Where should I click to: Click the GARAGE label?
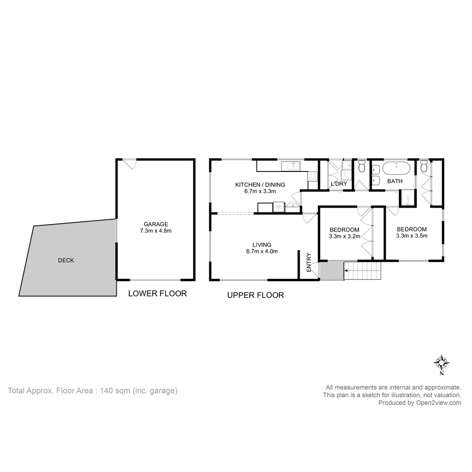(x=155, y=224)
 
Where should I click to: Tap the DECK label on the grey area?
(x=66, y=260)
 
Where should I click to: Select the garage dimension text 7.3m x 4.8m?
(x=155, y=231)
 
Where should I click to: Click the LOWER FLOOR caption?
(x=157, y=293)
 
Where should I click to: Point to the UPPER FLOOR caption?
(x=256, y=295)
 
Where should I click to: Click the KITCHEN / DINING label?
(x=260, y=185)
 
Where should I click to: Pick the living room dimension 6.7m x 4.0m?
(x=262, y=251)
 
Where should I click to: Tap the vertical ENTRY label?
(x=309, y=262)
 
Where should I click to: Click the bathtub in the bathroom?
(x=396, y=169)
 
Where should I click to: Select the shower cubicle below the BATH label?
(x=407, y=198)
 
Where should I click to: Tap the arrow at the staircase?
(x=347, y=271)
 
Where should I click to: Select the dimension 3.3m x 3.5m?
(x=411, y=236)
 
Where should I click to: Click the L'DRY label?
(x=339, y=184)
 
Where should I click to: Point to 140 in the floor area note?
(x=107, y=391)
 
